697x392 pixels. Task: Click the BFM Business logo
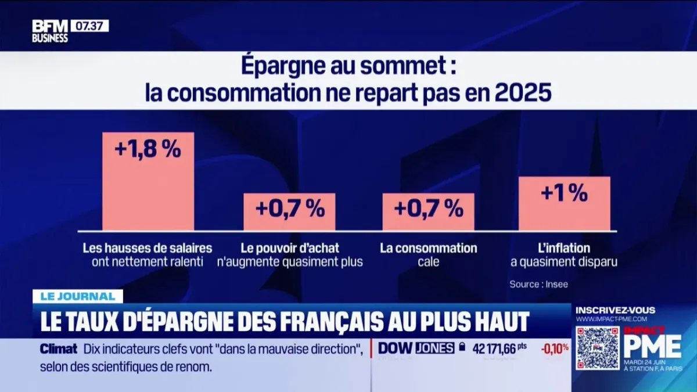50,31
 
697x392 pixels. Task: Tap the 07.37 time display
89,26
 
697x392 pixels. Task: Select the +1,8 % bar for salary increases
148,181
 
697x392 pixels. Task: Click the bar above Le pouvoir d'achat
289,211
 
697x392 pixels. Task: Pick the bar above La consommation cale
428,211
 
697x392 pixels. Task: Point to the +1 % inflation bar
564,203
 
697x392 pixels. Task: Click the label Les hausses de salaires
148,249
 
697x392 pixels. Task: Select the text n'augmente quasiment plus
290,262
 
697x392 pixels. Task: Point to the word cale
428,262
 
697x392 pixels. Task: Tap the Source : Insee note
538,285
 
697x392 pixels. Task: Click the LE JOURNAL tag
78,296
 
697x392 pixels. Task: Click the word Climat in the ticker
58,349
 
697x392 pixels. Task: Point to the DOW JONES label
416,348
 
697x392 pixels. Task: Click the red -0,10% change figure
555,348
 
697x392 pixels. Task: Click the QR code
597,348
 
